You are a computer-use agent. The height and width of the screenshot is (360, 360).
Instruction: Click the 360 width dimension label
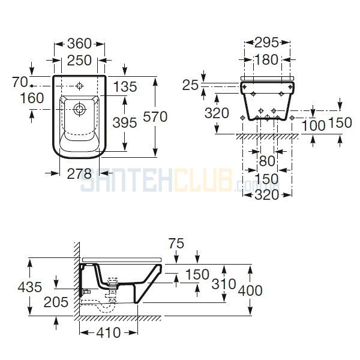pos(79,44)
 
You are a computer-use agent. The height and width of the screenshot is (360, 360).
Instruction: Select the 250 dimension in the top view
pos(79,61)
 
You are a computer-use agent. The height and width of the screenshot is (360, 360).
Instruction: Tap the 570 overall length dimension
pos(155,116)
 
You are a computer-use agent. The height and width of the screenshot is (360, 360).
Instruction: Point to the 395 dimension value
pos(125,122)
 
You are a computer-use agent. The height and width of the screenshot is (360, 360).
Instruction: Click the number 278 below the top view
pos(79,174)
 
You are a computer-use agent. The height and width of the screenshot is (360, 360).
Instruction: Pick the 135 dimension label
pos(125,87)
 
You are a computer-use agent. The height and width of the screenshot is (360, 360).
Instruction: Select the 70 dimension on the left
pos(20,82)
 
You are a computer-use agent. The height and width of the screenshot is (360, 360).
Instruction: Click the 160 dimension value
pos(32,98)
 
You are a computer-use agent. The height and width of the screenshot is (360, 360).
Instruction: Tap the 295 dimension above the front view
pos(266,43)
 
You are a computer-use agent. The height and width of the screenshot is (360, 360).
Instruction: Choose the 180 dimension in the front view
pos(266,59)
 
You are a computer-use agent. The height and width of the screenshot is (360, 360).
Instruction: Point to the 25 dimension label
pos(190,85)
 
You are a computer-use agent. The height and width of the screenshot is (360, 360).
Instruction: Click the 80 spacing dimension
pos(267,161)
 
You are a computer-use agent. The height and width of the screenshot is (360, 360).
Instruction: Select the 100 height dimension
pos(313,125)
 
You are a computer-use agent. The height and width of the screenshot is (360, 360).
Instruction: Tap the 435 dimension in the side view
pos(30,287)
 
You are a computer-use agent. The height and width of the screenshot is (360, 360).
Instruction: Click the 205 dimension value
pos(56,302)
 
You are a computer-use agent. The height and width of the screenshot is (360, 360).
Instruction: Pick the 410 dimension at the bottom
pos(109,332)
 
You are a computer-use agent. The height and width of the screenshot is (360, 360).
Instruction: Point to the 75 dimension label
pos(176,244)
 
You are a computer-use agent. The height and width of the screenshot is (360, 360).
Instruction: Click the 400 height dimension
pos(250,290)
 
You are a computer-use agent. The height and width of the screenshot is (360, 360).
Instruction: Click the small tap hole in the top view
pos(80,86)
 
